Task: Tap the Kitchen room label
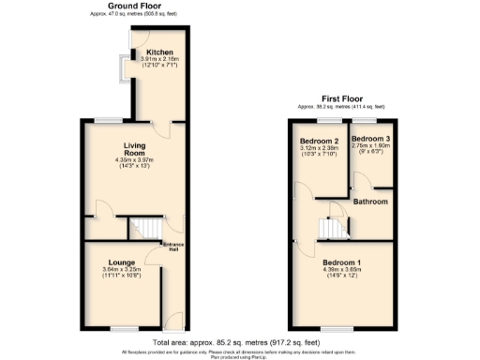(x=155, y=53)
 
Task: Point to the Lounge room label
(x=122, y=262)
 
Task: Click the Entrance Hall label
(x=173, y=247)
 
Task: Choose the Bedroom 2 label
(x=320, y=141)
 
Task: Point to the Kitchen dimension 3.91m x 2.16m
(x=156, y=60)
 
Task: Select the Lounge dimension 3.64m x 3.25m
(x=122, y=269)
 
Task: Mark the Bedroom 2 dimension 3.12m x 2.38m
(x=320, y=148)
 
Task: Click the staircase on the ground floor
(x=145, y=228)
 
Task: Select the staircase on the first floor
(x=333, y=229)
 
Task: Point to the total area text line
(x=240, y=343)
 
